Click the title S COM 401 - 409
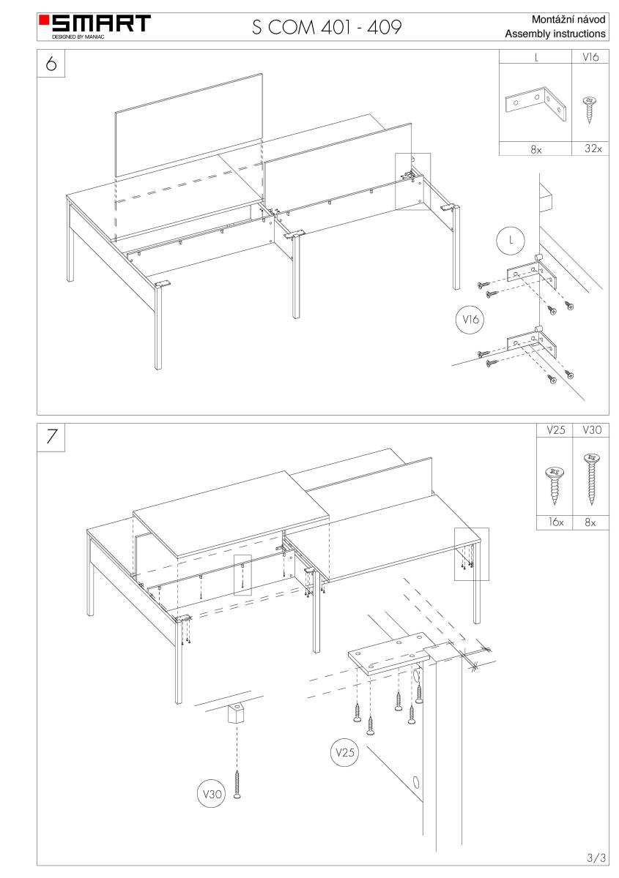point(327,28)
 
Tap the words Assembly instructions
point(555,34)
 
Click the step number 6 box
point(51,64)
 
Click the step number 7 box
point(51,436)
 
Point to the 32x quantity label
point(588,149)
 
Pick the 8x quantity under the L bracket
point(535,149)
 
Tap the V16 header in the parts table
point(588,56)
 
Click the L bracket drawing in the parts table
point(535,105)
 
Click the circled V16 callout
point(467,318)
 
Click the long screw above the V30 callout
point(237,784)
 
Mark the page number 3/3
point(595,856)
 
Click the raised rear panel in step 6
point(189,125)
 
